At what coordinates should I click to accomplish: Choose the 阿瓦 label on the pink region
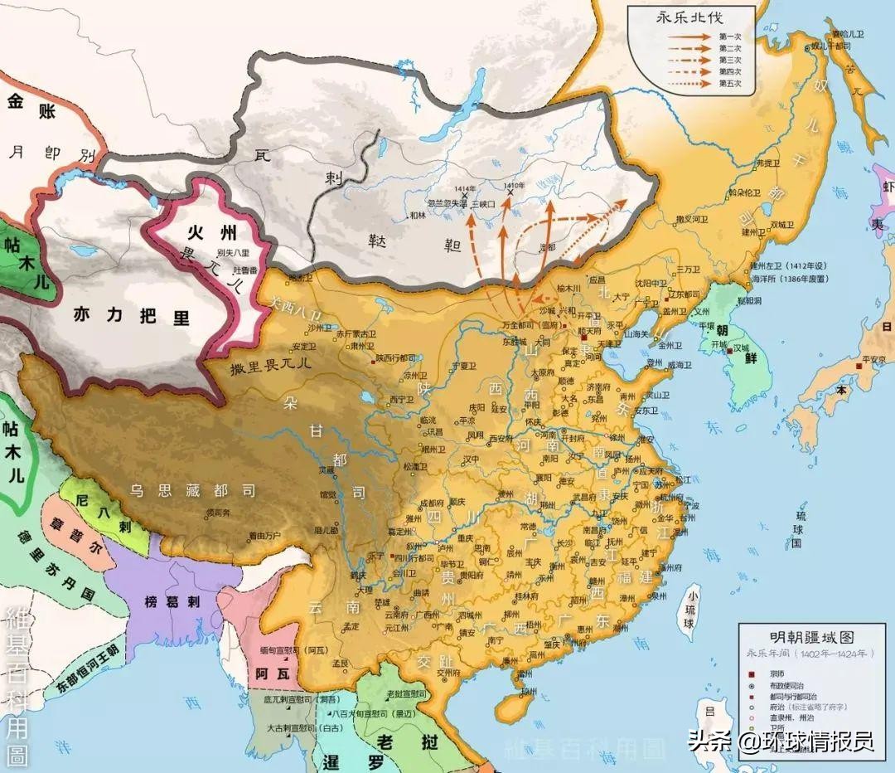click(x=272, y=673)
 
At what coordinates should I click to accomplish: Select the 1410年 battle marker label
click(x=513, y=185)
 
